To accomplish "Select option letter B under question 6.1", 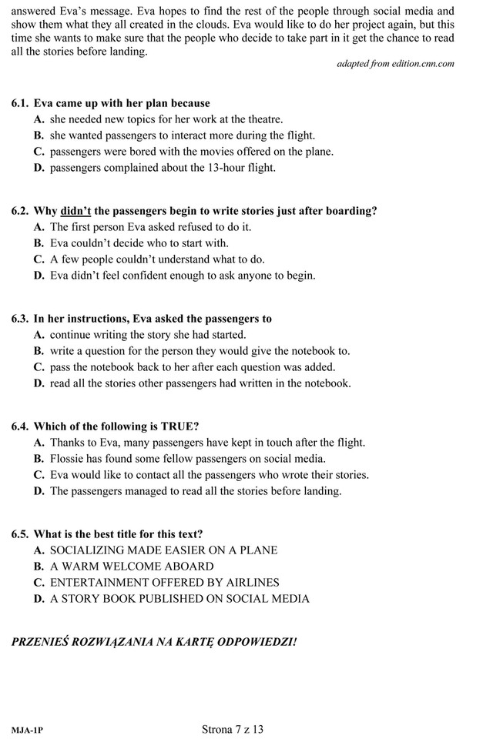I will point(39,135).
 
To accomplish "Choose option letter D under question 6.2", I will point(39,275).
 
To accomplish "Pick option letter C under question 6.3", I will point(39,366).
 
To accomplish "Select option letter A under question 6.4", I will point(39,443).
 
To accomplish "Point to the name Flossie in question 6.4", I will point(68,459).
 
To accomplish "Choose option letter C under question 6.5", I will point(39,583).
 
